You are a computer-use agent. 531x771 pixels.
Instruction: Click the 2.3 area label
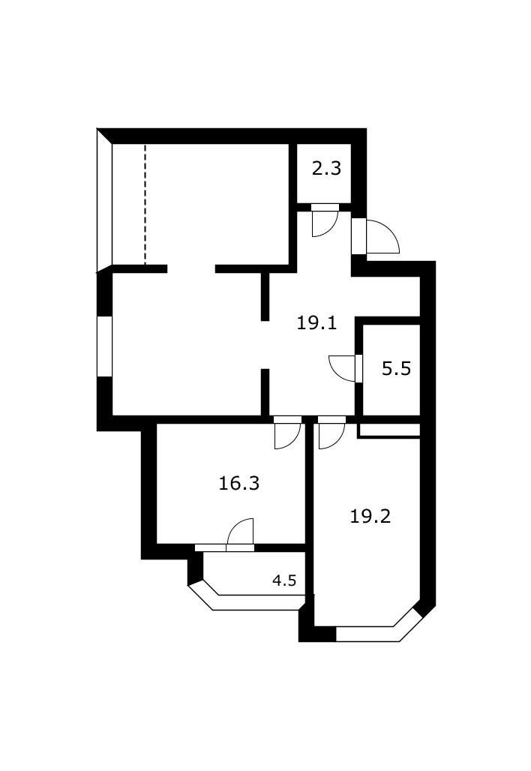(326, 169)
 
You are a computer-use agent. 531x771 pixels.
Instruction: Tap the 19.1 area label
(316, 323)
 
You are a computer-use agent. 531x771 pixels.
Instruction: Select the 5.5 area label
(396, 369)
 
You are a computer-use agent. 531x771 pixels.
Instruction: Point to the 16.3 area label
(238, 484)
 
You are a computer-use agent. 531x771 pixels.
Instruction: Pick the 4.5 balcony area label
(284, 580)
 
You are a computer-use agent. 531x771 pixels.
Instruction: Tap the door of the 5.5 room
(346, 367)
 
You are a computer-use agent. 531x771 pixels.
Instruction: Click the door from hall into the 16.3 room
(287, 433)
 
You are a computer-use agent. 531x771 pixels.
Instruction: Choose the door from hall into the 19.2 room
(331, 433)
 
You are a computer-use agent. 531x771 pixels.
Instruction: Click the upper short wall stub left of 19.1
(265, 297)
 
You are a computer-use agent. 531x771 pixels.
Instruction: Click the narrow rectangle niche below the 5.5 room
(388, 430)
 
